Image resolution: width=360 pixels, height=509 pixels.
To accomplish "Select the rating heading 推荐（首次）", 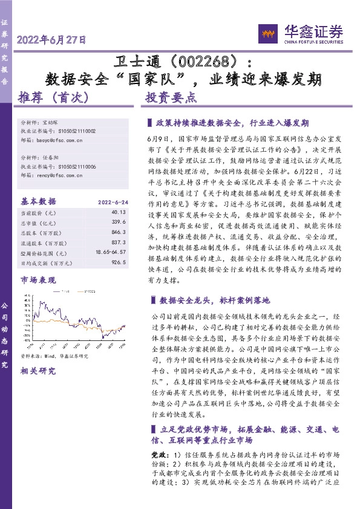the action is click(x=54, y=97).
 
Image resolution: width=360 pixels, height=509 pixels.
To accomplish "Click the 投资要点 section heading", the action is click(x=172, y=97).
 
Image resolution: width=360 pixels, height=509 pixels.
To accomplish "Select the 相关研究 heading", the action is click(x=38, y=371).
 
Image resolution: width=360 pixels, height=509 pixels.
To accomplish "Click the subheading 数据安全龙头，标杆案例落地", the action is click(x=215, y=300).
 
